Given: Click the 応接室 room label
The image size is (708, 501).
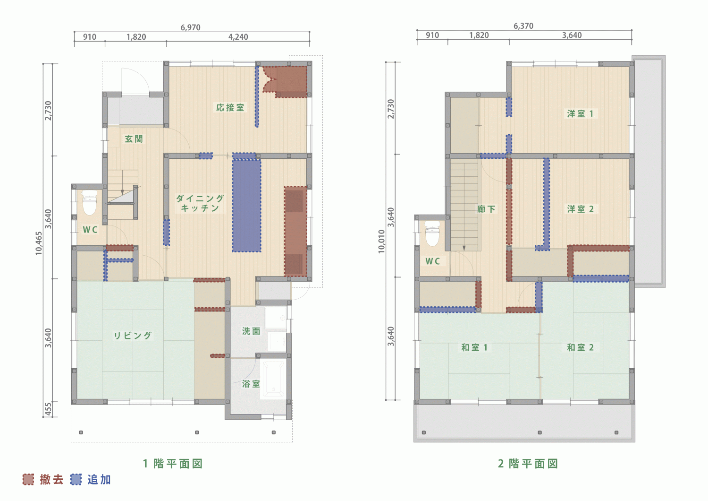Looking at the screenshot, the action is click(230, 108).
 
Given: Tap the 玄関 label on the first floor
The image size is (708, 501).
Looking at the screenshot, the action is click(134, 139).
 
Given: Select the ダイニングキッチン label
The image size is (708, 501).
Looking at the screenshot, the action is click(200, 203).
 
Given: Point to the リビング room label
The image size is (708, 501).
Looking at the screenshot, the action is click(133, 336).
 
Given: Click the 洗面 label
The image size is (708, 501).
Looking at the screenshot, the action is click(251, 331).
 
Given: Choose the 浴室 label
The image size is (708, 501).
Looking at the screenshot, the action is click(251, 384).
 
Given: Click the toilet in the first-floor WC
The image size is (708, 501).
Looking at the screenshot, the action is click(90, 203).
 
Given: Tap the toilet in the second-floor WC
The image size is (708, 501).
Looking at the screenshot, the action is click(432, 233).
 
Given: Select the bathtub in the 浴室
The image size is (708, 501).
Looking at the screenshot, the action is click(274, 380).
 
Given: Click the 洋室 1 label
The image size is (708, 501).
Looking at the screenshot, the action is click(580, 113).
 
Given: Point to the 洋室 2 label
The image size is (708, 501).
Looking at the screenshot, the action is click(580, 209).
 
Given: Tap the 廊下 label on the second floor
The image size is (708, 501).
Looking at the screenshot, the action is click(486, 209).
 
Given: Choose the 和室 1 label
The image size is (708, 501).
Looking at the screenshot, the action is click(474, 347).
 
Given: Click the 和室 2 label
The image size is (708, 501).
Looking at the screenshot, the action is click(580, 347).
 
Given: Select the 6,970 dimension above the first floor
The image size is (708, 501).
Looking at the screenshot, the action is click(190, 27).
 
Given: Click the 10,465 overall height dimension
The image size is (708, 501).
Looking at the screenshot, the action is click(39, 243).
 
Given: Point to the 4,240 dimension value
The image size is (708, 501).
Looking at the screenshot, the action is click(238, 37).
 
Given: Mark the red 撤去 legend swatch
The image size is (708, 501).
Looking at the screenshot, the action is click(28, 479).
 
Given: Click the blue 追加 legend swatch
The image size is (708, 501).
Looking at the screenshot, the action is click(76, 479).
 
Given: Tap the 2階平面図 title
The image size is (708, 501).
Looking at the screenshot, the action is click(528, 464).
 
